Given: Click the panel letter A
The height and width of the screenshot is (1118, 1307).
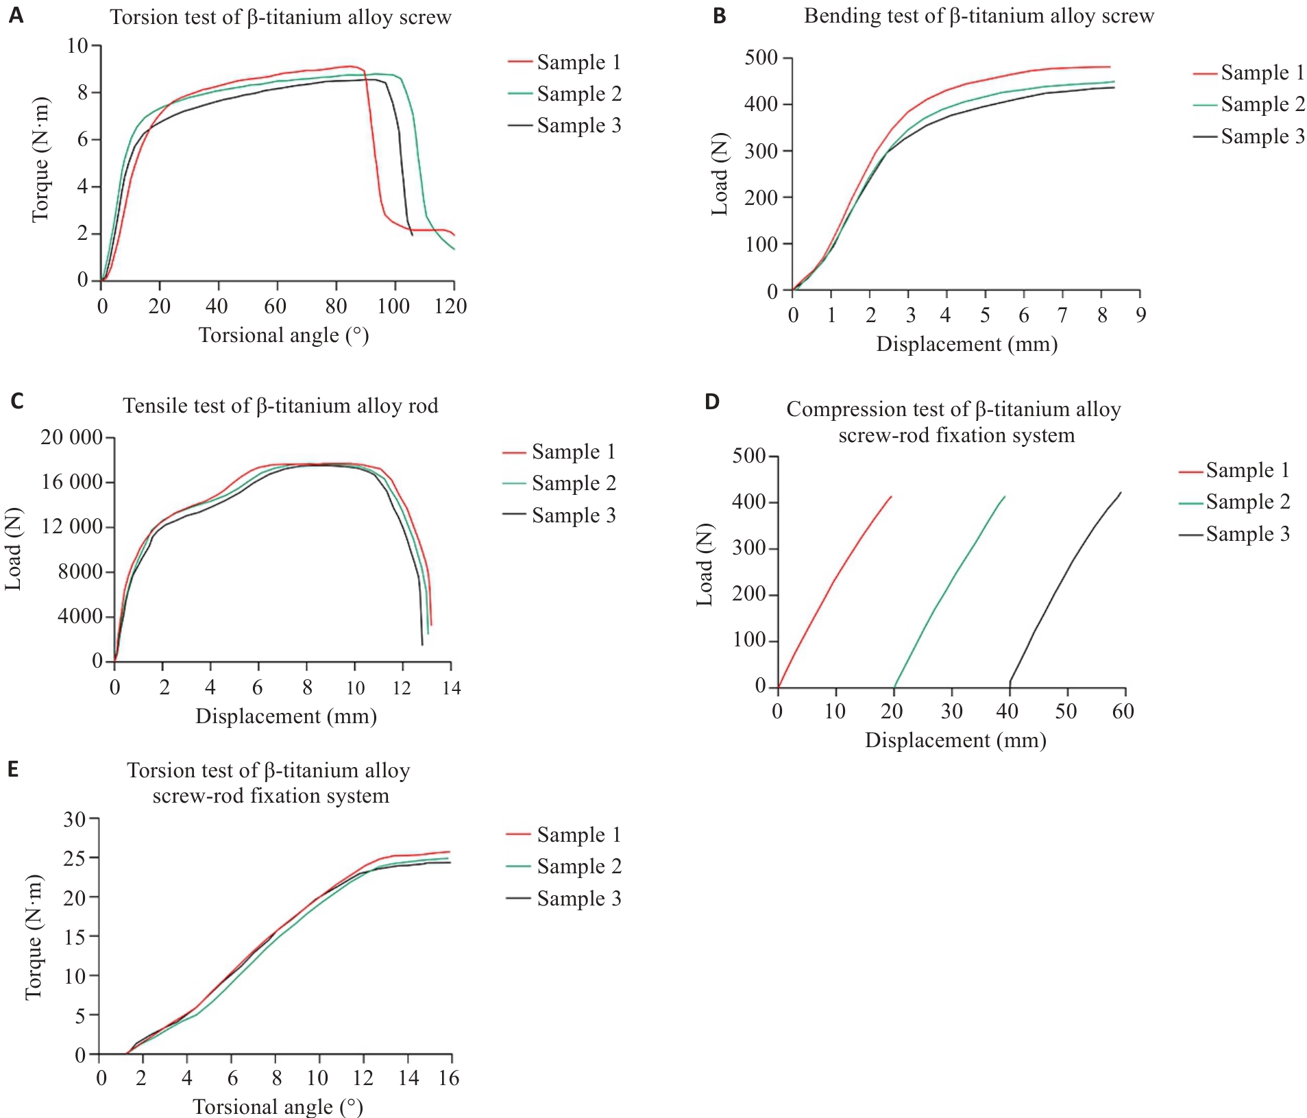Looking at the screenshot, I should [16, 15].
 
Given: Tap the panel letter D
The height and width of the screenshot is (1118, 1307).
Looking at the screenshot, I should [712, 402].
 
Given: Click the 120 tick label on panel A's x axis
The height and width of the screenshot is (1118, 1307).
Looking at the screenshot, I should [450, 306].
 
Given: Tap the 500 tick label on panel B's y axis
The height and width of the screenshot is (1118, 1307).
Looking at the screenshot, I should [761, 58].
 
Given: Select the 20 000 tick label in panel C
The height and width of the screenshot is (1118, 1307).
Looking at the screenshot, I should [71, 437].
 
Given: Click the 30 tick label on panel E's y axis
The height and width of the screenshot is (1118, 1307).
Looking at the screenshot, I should [75, 819].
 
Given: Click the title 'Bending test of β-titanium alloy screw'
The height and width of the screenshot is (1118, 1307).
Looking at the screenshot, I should [979, 16].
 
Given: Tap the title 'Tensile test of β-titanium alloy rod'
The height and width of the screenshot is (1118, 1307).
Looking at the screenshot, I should [280, 406].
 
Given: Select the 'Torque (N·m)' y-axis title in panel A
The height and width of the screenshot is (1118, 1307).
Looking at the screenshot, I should [40, 160].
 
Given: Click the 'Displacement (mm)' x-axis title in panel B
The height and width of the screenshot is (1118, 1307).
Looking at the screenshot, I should [966, 344].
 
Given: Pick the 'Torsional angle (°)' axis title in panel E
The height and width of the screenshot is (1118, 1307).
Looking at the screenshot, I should [278, 1106].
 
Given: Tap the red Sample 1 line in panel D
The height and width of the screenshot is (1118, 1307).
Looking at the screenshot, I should [834, 583].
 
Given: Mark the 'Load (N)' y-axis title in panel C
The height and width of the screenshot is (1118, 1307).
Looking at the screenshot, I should [13, 548].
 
